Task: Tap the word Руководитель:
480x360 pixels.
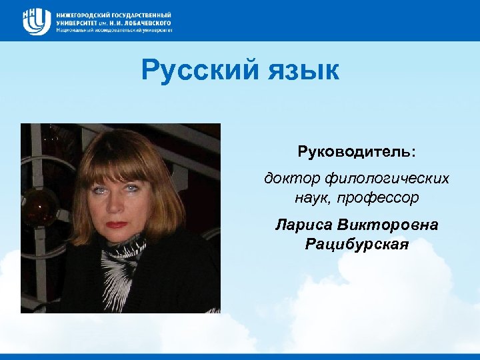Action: click(x=357, y=152)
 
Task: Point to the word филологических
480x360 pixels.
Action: click(x=387, y=179)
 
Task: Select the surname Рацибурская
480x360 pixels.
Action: click(x=357, y=244)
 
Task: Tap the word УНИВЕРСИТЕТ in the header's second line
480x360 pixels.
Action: click(x=76, y=22)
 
